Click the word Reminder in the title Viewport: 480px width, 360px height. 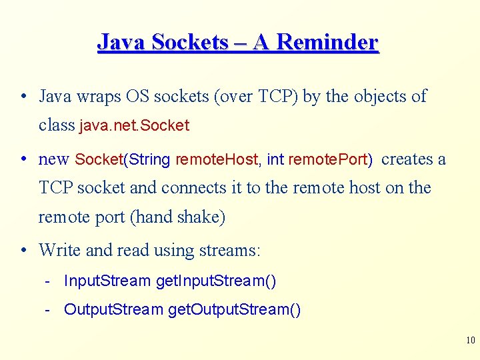(x=327, y=43)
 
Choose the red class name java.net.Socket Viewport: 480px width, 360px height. (x=134, y=125)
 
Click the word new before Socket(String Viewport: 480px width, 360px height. (x=54, y=159)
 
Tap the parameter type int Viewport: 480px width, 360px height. (x=275, y=160)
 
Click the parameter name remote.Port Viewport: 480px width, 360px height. (x=328, y=160)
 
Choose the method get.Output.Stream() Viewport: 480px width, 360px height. (x=234, y=310)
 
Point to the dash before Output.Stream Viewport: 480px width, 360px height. (x=49, y=310)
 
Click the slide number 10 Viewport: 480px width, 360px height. (x=470, y=341)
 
